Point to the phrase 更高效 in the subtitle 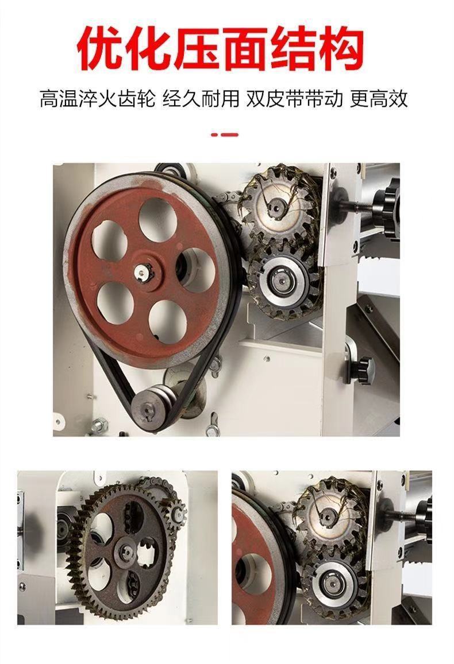tap(379, 99)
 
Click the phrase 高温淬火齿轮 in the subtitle tap(98, 99)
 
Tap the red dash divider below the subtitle tap(225, 135)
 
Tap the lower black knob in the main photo tap(363, 370)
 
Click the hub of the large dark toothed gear tap(127, 552)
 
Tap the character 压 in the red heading tap(197, 48)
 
